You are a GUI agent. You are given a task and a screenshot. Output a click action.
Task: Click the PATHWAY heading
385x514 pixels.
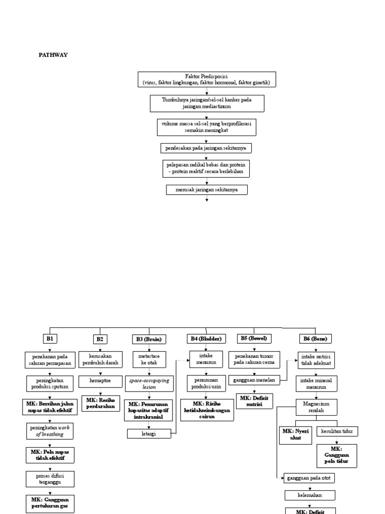tap(53, 55)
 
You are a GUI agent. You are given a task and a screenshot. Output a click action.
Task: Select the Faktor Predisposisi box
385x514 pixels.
tap(207, 79)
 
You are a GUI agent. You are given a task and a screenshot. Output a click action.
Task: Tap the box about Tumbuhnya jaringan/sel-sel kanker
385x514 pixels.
tap(207, 103)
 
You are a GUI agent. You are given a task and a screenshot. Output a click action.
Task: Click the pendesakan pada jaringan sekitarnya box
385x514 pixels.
tap(207, 148)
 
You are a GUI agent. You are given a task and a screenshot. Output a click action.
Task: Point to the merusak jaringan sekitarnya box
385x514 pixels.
tap(207, 190)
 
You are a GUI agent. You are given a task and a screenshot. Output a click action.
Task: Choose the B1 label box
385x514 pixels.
tap(50, 339)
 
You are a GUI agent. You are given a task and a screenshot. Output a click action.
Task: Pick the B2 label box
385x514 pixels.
tap(100, 339)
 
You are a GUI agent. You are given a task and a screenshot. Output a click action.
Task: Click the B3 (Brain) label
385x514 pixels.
tap(148, 339)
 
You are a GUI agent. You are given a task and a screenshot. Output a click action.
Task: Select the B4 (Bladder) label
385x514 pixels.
tap(206, 339)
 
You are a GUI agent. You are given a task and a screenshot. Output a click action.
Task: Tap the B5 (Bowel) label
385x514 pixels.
tap(255, 339)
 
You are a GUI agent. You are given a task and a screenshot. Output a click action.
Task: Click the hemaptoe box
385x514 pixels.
tap(100, 381)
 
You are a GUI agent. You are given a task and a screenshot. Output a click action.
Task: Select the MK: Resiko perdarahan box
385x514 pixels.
tap(100, 403)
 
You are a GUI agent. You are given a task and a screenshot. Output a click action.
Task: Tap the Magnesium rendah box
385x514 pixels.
tap(316, 407)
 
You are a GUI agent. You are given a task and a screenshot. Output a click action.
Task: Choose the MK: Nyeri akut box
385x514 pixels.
tap(295, 435)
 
